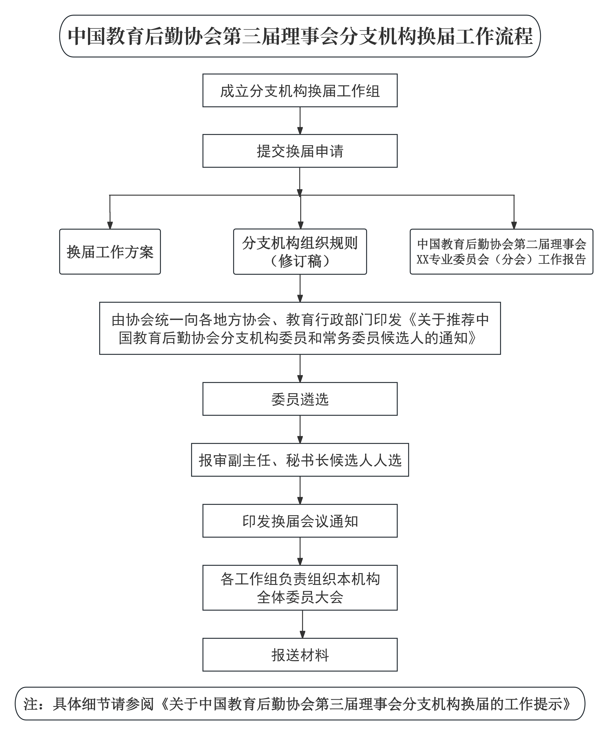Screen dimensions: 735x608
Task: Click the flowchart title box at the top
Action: (x=300, y=36)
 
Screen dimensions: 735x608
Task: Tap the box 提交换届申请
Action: (x=300, y=151)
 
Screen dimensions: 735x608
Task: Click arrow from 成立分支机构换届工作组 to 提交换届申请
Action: (x=300, y=121)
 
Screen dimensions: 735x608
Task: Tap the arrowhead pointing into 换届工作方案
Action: (x=110, y=225)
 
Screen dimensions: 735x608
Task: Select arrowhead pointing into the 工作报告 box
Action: (x=514, y=225)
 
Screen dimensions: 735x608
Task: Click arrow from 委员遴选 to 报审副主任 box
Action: (x=300, y=430)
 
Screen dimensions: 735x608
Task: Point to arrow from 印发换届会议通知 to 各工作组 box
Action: (x=300, y=551)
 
